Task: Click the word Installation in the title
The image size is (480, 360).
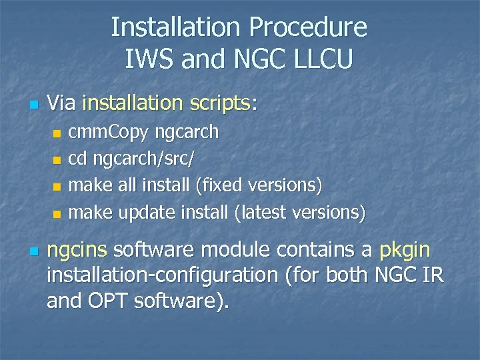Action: (x=175, y=28)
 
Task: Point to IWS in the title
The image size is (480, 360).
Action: (x=147, y=60)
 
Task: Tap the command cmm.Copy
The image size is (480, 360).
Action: (x=109, y=132)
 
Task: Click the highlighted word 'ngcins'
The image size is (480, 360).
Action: (x=77, y=251)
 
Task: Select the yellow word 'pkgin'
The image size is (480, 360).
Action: (x=404, y=251)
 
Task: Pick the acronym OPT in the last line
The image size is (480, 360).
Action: (x=107, y=301)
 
